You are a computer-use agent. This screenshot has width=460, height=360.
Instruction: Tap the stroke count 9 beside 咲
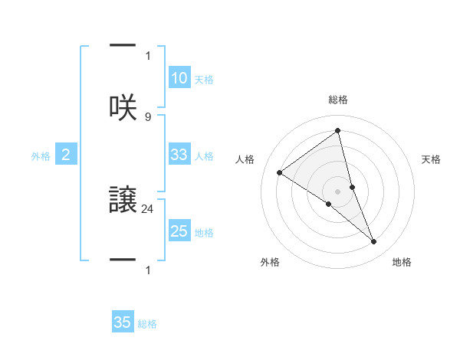coord(147,116)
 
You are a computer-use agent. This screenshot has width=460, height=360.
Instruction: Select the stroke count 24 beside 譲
coord(148,208)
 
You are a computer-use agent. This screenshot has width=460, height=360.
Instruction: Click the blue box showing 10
coord(179,77)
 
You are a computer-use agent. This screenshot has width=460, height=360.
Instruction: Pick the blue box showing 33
coord(179,155)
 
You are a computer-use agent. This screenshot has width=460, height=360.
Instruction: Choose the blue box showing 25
coord(179,231)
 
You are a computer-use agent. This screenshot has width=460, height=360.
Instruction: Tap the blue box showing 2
coord(66,155)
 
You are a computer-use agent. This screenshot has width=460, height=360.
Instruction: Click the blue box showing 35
coord(123,322)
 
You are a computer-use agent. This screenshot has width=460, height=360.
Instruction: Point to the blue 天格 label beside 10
coord(204,80)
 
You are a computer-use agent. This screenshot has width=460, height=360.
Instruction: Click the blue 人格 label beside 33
coord(204,156)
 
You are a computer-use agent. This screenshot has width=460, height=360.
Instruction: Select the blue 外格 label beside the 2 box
coord(41,156)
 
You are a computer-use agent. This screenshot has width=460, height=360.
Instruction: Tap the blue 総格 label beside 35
coord(147,324)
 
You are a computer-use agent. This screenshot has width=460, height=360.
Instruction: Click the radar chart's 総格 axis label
coord(338,100)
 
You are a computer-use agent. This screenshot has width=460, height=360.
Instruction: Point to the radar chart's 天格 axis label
coord(432,159)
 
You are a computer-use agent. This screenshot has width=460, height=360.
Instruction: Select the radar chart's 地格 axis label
coord(402,262)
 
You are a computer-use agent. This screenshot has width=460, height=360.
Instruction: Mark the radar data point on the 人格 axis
coord(280,172)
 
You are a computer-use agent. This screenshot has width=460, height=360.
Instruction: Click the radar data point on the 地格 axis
coord(374,241)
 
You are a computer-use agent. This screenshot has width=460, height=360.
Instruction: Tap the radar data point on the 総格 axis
coord(338,131)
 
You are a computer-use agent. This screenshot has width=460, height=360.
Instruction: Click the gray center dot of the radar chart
coord(338,191)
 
